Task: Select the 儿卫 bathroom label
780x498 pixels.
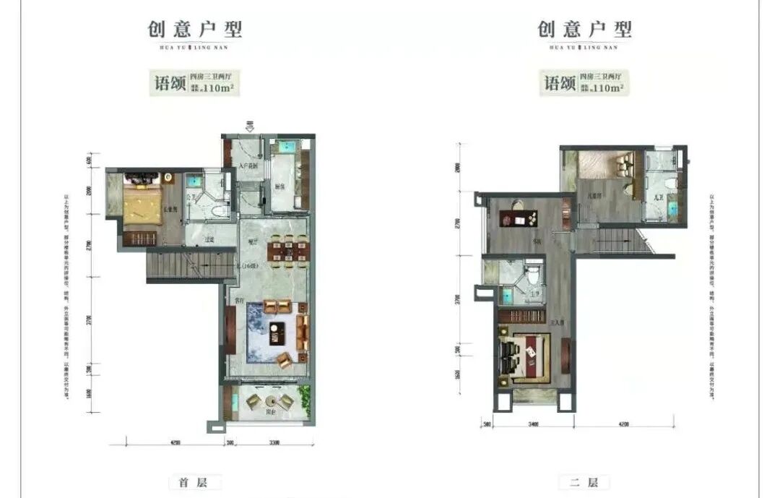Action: coord(658,196)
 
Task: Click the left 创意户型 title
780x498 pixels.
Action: coord(195,30)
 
